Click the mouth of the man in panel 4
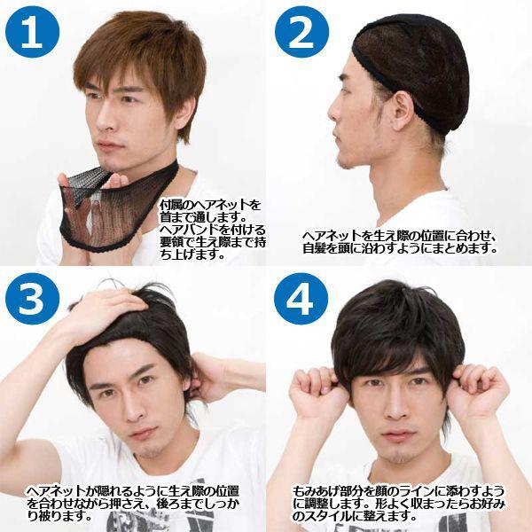point(402,436)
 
